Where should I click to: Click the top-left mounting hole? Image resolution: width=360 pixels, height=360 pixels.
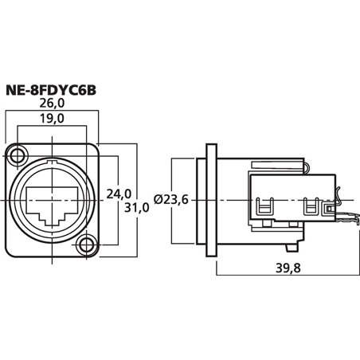coord(18,153)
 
